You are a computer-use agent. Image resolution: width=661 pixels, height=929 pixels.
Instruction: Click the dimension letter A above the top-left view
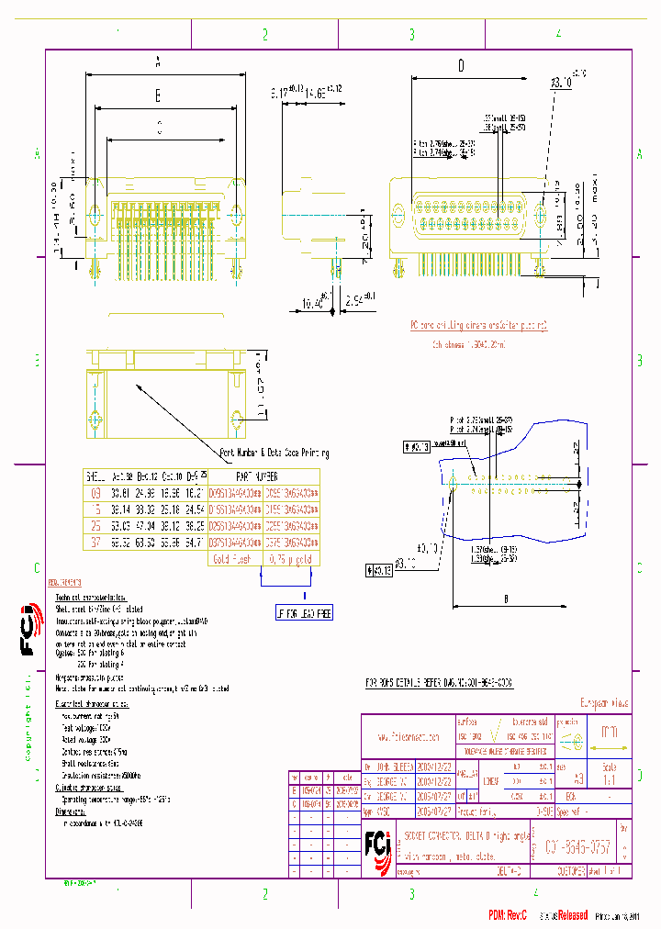[x=158, y=62]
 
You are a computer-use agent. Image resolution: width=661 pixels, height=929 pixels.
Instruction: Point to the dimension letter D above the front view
[x=461, y=65]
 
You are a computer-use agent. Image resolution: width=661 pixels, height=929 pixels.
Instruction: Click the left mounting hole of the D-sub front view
[x=398, y=218]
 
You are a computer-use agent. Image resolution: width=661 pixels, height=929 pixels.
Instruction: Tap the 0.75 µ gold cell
[x=292, y=558]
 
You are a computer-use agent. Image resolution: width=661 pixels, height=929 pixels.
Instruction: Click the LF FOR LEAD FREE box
[x=292, y=614]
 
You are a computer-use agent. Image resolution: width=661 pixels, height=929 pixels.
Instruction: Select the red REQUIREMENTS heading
[x=64, y=583]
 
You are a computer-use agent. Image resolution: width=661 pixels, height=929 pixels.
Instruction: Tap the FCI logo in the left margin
[x=28, y=633]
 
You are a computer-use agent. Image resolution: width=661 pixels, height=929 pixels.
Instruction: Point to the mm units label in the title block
[x=608, y=733]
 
